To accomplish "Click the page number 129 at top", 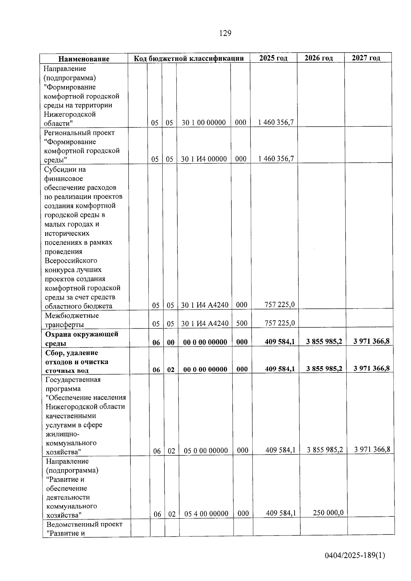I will [225, 33].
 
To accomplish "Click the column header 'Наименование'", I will [84, 59].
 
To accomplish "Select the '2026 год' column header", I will [319, 58].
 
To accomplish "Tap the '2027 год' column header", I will [366, 58].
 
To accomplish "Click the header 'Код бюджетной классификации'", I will [189, 59].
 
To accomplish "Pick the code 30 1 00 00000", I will [203, 123].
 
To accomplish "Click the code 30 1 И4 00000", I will [204, 159].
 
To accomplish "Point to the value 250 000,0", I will [328, 513].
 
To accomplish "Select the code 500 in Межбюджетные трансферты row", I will [242, 323].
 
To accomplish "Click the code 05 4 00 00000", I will [206, 514].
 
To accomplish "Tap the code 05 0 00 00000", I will [206, 451].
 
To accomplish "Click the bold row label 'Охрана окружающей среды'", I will [82, 338].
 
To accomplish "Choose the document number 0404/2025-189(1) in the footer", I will [355, 555].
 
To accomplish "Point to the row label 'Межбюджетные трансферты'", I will [72, 320].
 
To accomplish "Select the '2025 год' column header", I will [273, 58].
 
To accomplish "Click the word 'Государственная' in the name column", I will [73, 379].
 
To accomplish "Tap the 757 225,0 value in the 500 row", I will [280, 323].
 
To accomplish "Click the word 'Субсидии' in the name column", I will [60, 169].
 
